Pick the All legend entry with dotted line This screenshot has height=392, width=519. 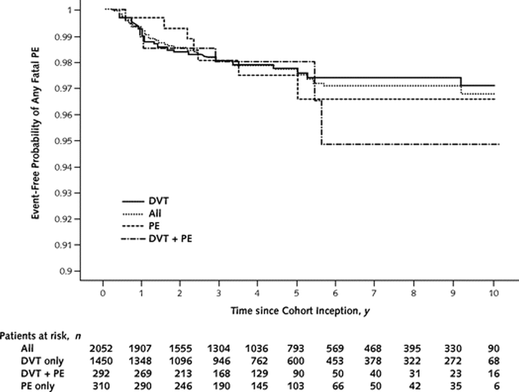point(155,213)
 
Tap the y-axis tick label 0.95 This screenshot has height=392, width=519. point(64,141)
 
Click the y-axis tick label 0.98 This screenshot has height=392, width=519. point(64,63)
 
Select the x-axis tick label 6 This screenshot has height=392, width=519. point(335,293)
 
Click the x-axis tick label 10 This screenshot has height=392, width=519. point(493,293)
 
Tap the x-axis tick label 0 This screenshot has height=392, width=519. point(103,293)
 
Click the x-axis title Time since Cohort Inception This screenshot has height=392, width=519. point(300,311)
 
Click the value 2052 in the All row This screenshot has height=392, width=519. point(101,348)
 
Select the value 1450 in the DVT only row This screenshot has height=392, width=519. point(101,361)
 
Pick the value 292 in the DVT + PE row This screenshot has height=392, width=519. point(101,373)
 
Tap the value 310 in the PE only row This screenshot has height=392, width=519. point(101,386)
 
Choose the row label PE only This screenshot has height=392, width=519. point(38,386)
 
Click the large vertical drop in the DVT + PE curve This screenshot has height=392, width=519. point(322,121)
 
